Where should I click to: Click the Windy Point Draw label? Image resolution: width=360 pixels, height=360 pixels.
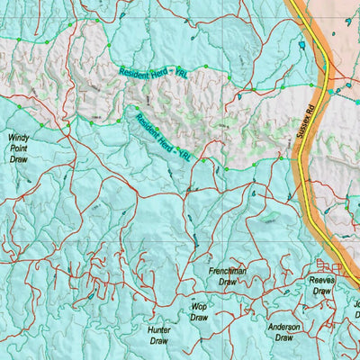point(19,148)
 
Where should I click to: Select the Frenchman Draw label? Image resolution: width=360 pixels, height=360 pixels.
point(228,275)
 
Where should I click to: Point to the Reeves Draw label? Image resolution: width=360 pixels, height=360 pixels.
point(321,285)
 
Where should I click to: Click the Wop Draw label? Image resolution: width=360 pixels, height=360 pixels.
point(199,311)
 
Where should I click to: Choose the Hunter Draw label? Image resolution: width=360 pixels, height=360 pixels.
point(158,336)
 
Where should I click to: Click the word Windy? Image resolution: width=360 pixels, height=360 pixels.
point(19,138)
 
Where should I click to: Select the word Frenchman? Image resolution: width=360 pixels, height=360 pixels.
point(228,270)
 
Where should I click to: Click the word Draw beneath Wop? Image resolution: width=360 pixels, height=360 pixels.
point(199,318)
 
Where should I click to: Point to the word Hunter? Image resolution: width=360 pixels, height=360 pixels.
point(158,330)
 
